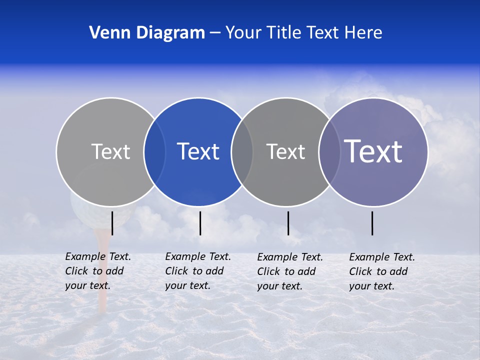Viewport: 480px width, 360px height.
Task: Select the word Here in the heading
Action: point(363,33)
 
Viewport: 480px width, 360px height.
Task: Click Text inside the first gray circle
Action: point(110,151)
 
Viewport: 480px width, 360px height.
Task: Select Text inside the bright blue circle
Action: point(198,151)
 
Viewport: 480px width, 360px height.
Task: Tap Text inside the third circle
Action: point(285,151)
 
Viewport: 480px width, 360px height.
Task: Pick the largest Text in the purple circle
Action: point(373,151)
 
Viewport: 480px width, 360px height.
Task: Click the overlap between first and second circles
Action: point(154,151)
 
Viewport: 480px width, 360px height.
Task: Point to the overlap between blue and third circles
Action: point(242,151)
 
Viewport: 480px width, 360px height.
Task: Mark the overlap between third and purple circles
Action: point(329,151)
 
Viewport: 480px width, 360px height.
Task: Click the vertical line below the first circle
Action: point(112,223)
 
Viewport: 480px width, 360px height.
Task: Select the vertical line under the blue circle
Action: point(200,223)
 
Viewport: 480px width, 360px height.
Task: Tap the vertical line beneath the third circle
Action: point(288,223)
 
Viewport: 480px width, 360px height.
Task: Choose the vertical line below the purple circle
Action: point(372,223)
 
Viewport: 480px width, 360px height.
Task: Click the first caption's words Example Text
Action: point(98,256)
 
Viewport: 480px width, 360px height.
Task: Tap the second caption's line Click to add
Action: point(194,271)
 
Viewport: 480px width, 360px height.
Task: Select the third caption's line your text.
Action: point(279,286)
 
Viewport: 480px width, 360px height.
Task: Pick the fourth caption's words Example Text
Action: point(382,257)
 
